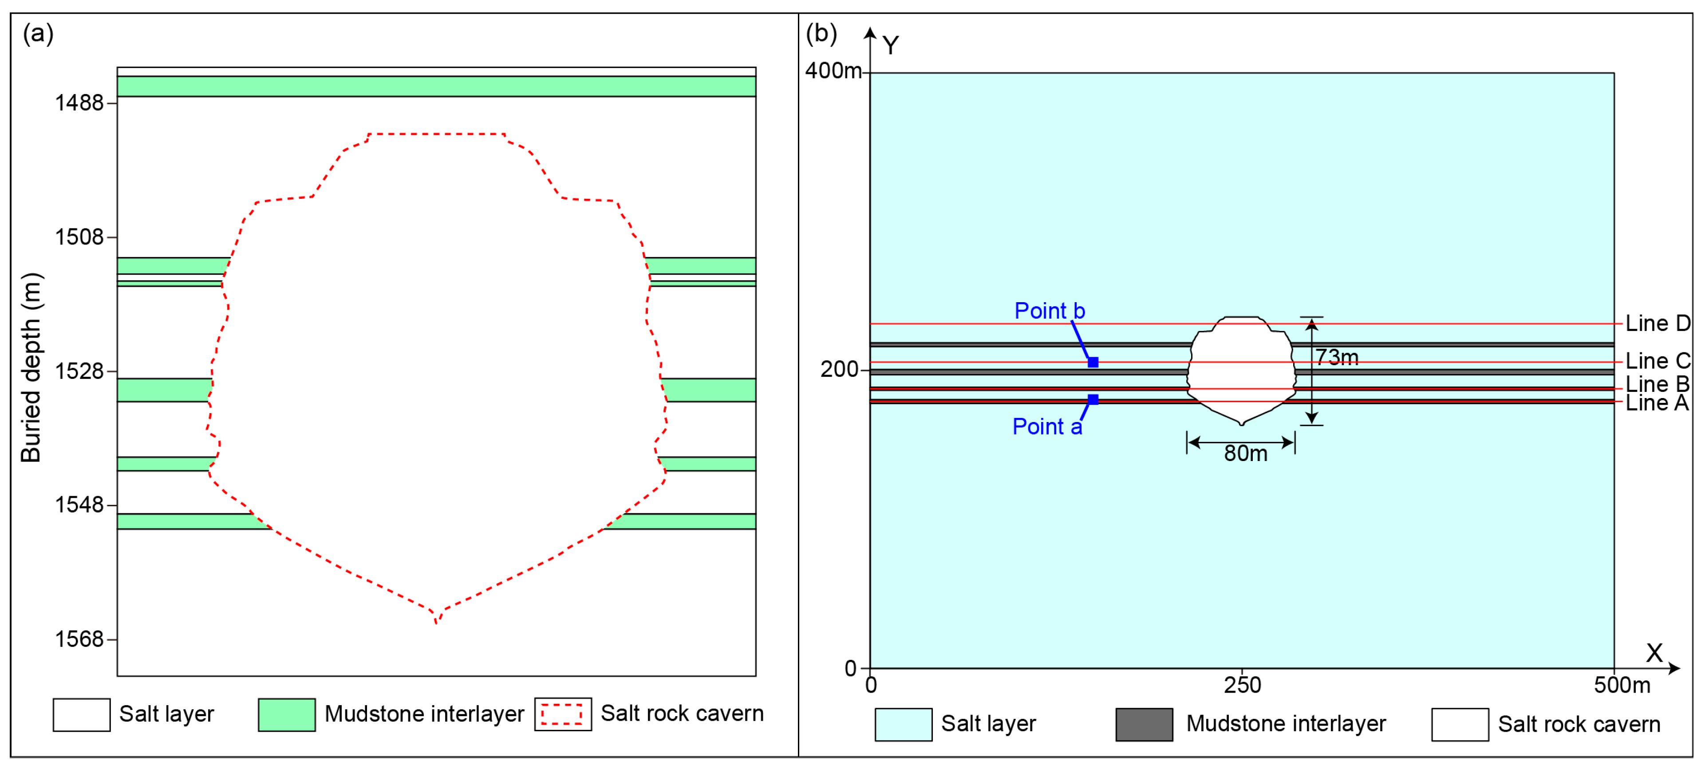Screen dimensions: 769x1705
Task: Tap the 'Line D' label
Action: pyautogui.click(x=1658, y=323)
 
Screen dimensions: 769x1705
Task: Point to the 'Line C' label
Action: pyautogui.click(x=1658, y=361)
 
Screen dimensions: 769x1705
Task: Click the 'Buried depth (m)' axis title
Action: pyautogui.click(x=31, y=368)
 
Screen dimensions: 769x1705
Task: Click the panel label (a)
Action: pyautogui.click(x=38, y=33)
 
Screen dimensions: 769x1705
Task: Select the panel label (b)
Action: pyautogui.click(x=821, y=33)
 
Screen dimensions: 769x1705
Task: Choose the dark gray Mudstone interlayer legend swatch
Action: pyautogui.click(x=1144, y=725)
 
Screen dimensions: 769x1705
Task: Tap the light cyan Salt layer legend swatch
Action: pyautogui.click(x=903, y=725)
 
